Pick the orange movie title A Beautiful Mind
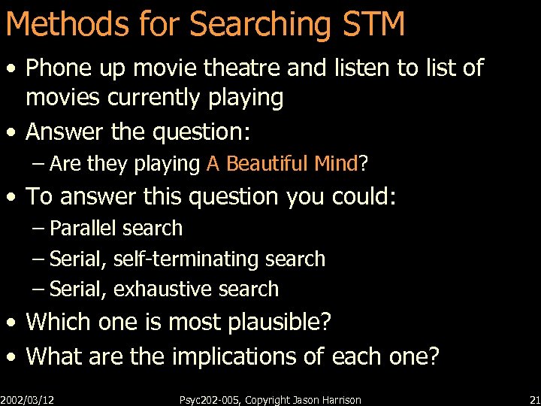[x=282, y=163]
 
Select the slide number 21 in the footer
[x=534, y=400]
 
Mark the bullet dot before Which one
[x=11, y=323]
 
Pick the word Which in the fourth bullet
[x=56, y=322]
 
